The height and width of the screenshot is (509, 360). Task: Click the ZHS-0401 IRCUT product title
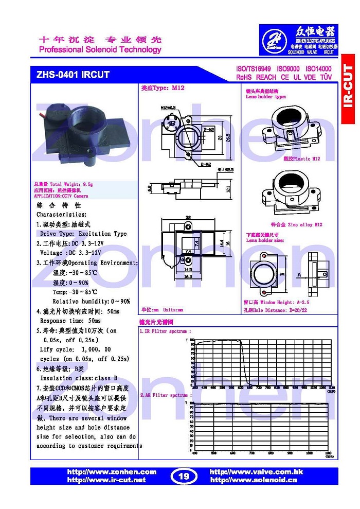73,75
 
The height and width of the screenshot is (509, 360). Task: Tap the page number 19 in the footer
184,476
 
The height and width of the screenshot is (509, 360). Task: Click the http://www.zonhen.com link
112,472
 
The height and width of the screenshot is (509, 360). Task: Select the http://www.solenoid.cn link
254,480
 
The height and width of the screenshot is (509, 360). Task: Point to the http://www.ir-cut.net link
106,480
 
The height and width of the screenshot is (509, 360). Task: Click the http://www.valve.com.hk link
257,472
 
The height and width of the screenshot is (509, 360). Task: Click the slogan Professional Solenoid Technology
100,50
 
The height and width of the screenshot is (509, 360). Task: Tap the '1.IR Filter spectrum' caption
166,332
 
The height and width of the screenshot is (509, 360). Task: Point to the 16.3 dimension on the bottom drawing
188,276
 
